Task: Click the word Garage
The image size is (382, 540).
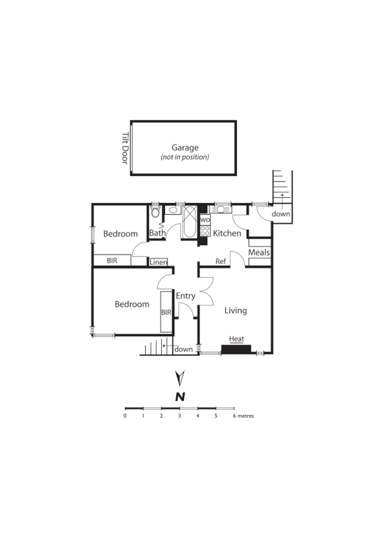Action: click(x=185, y=147)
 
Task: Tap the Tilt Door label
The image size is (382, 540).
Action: click(x=126, y=148)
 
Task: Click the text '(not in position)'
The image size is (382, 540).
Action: click(x=185, y=157)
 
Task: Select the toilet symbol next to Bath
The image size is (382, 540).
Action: click(x=155, y=213)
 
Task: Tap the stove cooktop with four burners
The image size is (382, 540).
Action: click(x=205, y=230)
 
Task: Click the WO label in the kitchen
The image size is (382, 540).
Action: click(x=205, y=220)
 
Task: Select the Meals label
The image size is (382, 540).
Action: click(x=259, y=252)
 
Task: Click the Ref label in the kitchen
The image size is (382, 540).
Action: click(x=221, y=262)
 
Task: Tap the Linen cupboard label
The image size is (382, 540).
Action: click(x=159, y=262)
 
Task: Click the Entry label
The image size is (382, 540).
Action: click(x=186, y=296)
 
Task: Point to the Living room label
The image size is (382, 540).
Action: click(x=236, y=310)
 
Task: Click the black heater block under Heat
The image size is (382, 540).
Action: click(x=236, y=350)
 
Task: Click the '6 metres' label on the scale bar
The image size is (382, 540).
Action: click(x=244, y=416)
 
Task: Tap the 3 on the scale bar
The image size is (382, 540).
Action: click(x=179, y=416)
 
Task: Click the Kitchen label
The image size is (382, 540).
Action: click(x=227, y=233)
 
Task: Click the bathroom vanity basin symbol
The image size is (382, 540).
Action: click(x=173, y=210)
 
